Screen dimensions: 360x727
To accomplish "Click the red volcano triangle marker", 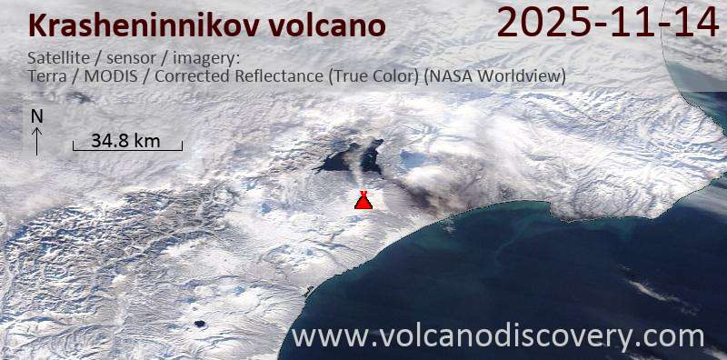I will pyautogui.click(x=363, y=201).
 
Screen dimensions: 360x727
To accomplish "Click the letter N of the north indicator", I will pyautogui.click(x=36, y=116).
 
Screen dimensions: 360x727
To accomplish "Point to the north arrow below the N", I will pyautogui.click(x=36, y=140).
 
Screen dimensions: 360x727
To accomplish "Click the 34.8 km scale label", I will pyautogui.click(x=126, y=140).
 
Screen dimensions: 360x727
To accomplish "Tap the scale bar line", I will pyautogui.click(x=127, y=149).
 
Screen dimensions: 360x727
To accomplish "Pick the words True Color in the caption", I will pyautogui.click(x=374, y=76).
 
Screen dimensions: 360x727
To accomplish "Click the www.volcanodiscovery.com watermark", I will pyautogui.click(x=498, y=336).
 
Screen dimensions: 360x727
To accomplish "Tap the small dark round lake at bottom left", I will pyautogui.click(x=197, y=323).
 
